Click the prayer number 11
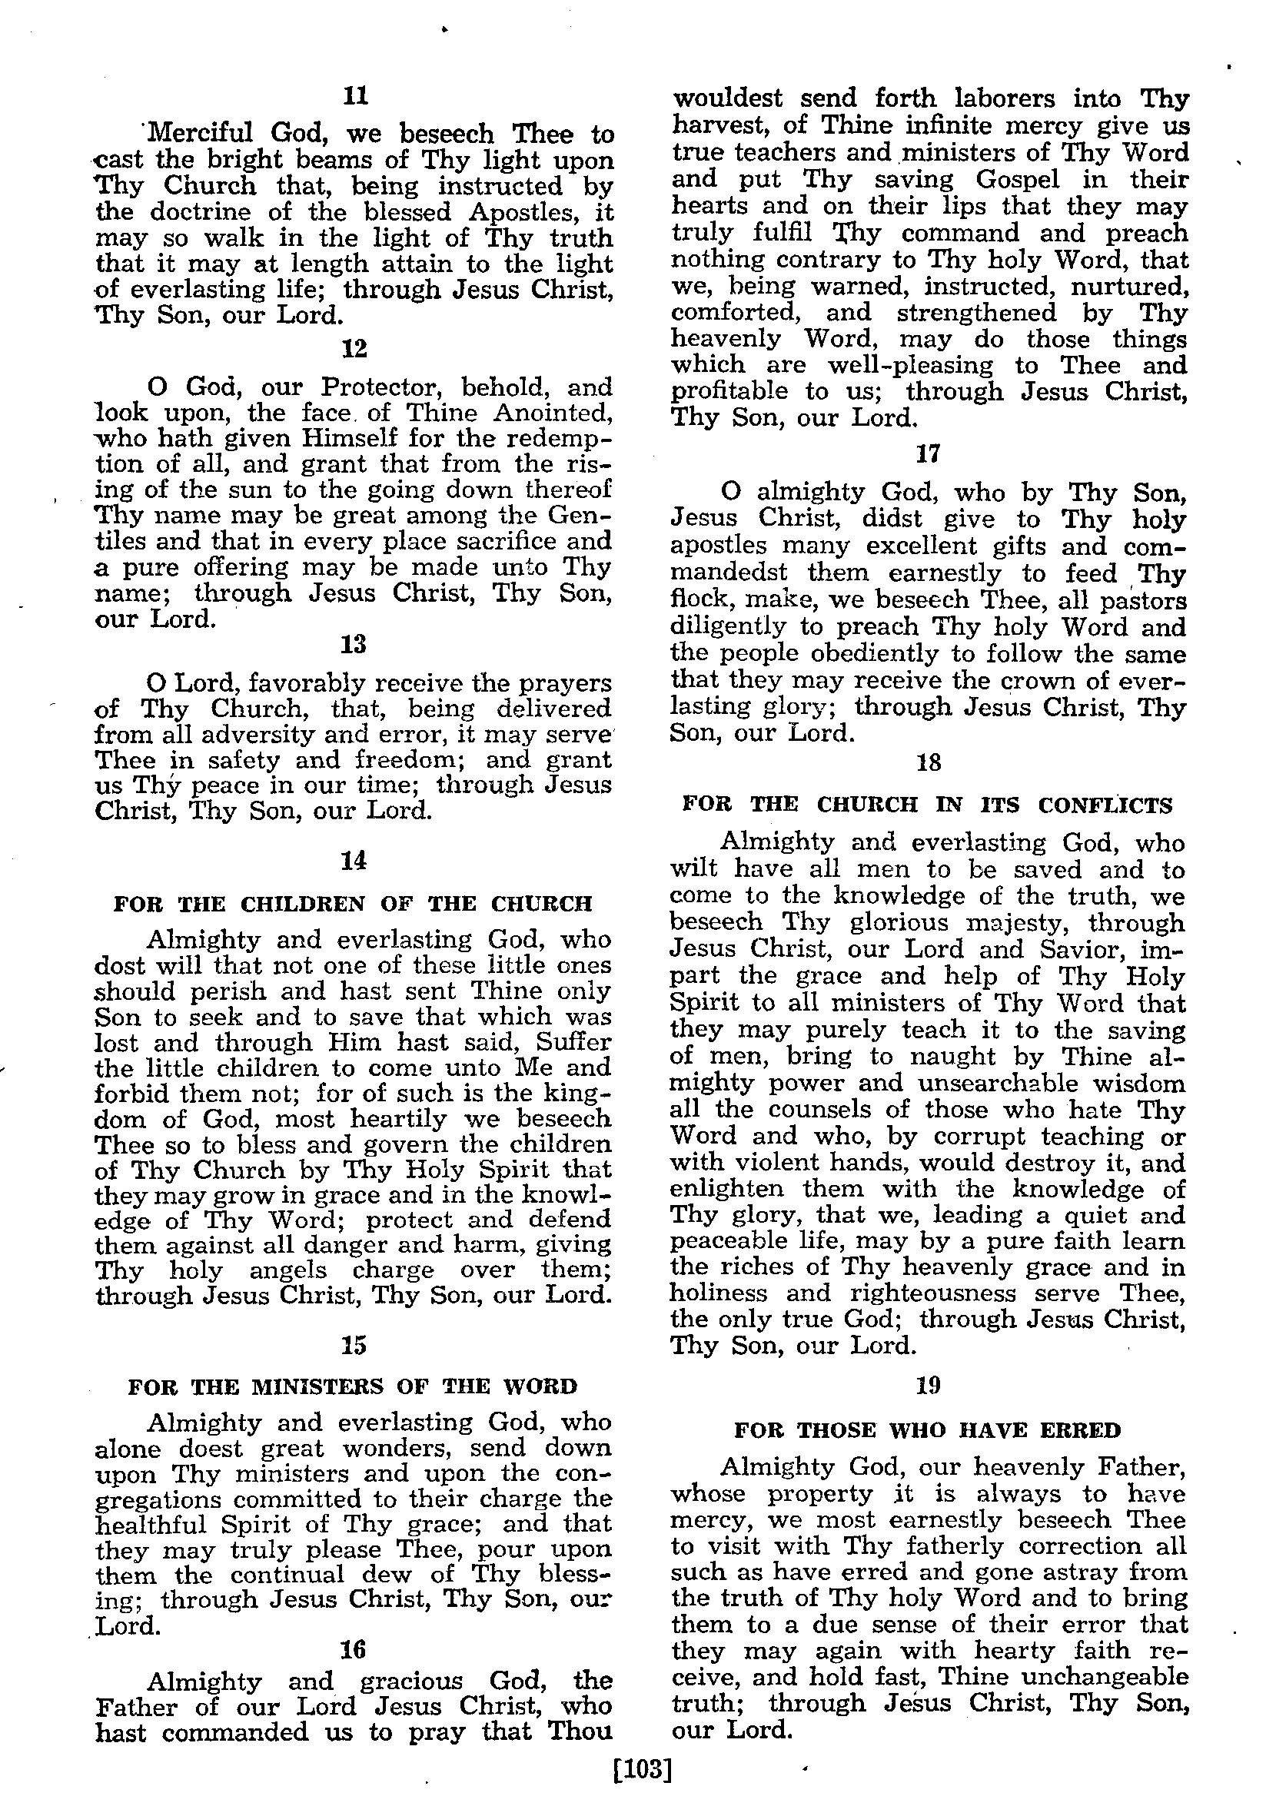point(356,96)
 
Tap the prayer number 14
point(354,861)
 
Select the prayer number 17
point(929,454)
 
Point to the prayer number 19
point(929,1384)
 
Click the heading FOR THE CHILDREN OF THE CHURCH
point(354,903)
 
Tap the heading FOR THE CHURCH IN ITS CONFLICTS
point(928,805)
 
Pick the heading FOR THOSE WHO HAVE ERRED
point(928,1429)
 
